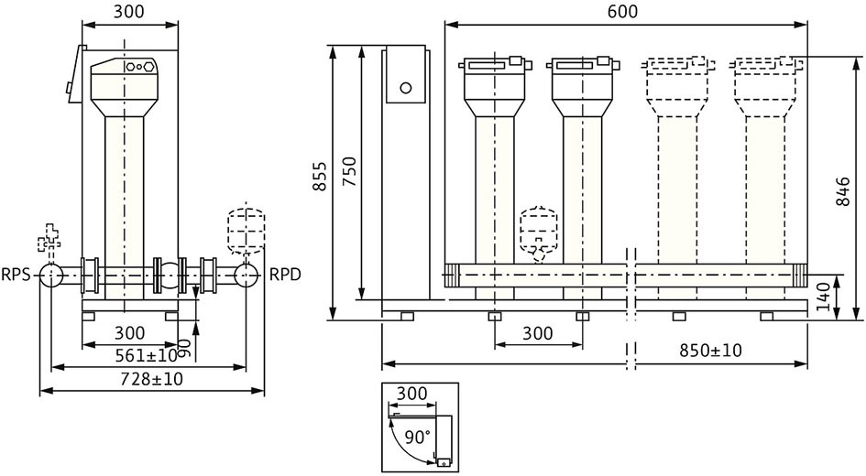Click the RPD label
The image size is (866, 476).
pos(285,274)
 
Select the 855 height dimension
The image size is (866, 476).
pos(320,177)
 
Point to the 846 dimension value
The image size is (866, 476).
pos(842,191)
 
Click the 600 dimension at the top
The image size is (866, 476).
pos(622,11)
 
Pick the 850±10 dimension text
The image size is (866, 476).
pos(711,351)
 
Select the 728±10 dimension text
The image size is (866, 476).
pos(151,379)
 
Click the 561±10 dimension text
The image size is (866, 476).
pos(147,356)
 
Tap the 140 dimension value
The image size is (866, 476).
pos(824,297)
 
